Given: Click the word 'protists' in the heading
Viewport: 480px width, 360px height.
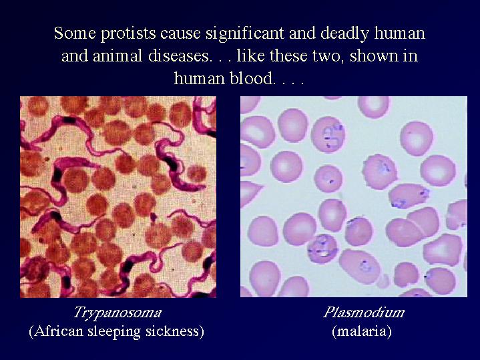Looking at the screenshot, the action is click(x=128, y=33).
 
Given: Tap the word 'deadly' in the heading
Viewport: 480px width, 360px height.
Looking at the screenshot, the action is click(x=344, y=33).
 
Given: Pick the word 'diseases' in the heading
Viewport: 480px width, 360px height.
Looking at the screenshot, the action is click(x=180, y=56).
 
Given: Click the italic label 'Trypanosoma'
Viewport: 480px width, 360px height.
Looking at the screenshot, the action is click(x=117, y=313).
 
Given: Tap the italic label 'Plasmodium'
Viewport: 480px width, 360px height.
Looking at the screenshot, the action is click(x=364, y=313).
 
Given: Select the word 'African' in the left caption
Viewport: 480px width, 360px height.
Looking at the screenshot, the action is click(x=55, y=331).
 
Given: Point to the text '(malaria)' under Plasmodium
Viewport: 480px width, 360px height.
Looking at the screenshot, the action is click(x=362, y=331).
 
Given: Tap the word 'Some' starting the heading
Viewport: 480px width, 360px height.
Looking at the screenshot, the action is click(x=75, y=33).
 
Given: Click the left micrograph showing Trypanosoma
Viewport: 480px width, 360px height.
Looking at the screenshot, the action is click(x=118, y=197).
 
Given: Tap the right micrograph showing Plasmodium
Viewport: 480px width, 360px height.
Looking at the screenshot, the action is click(x=354, y=197).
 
